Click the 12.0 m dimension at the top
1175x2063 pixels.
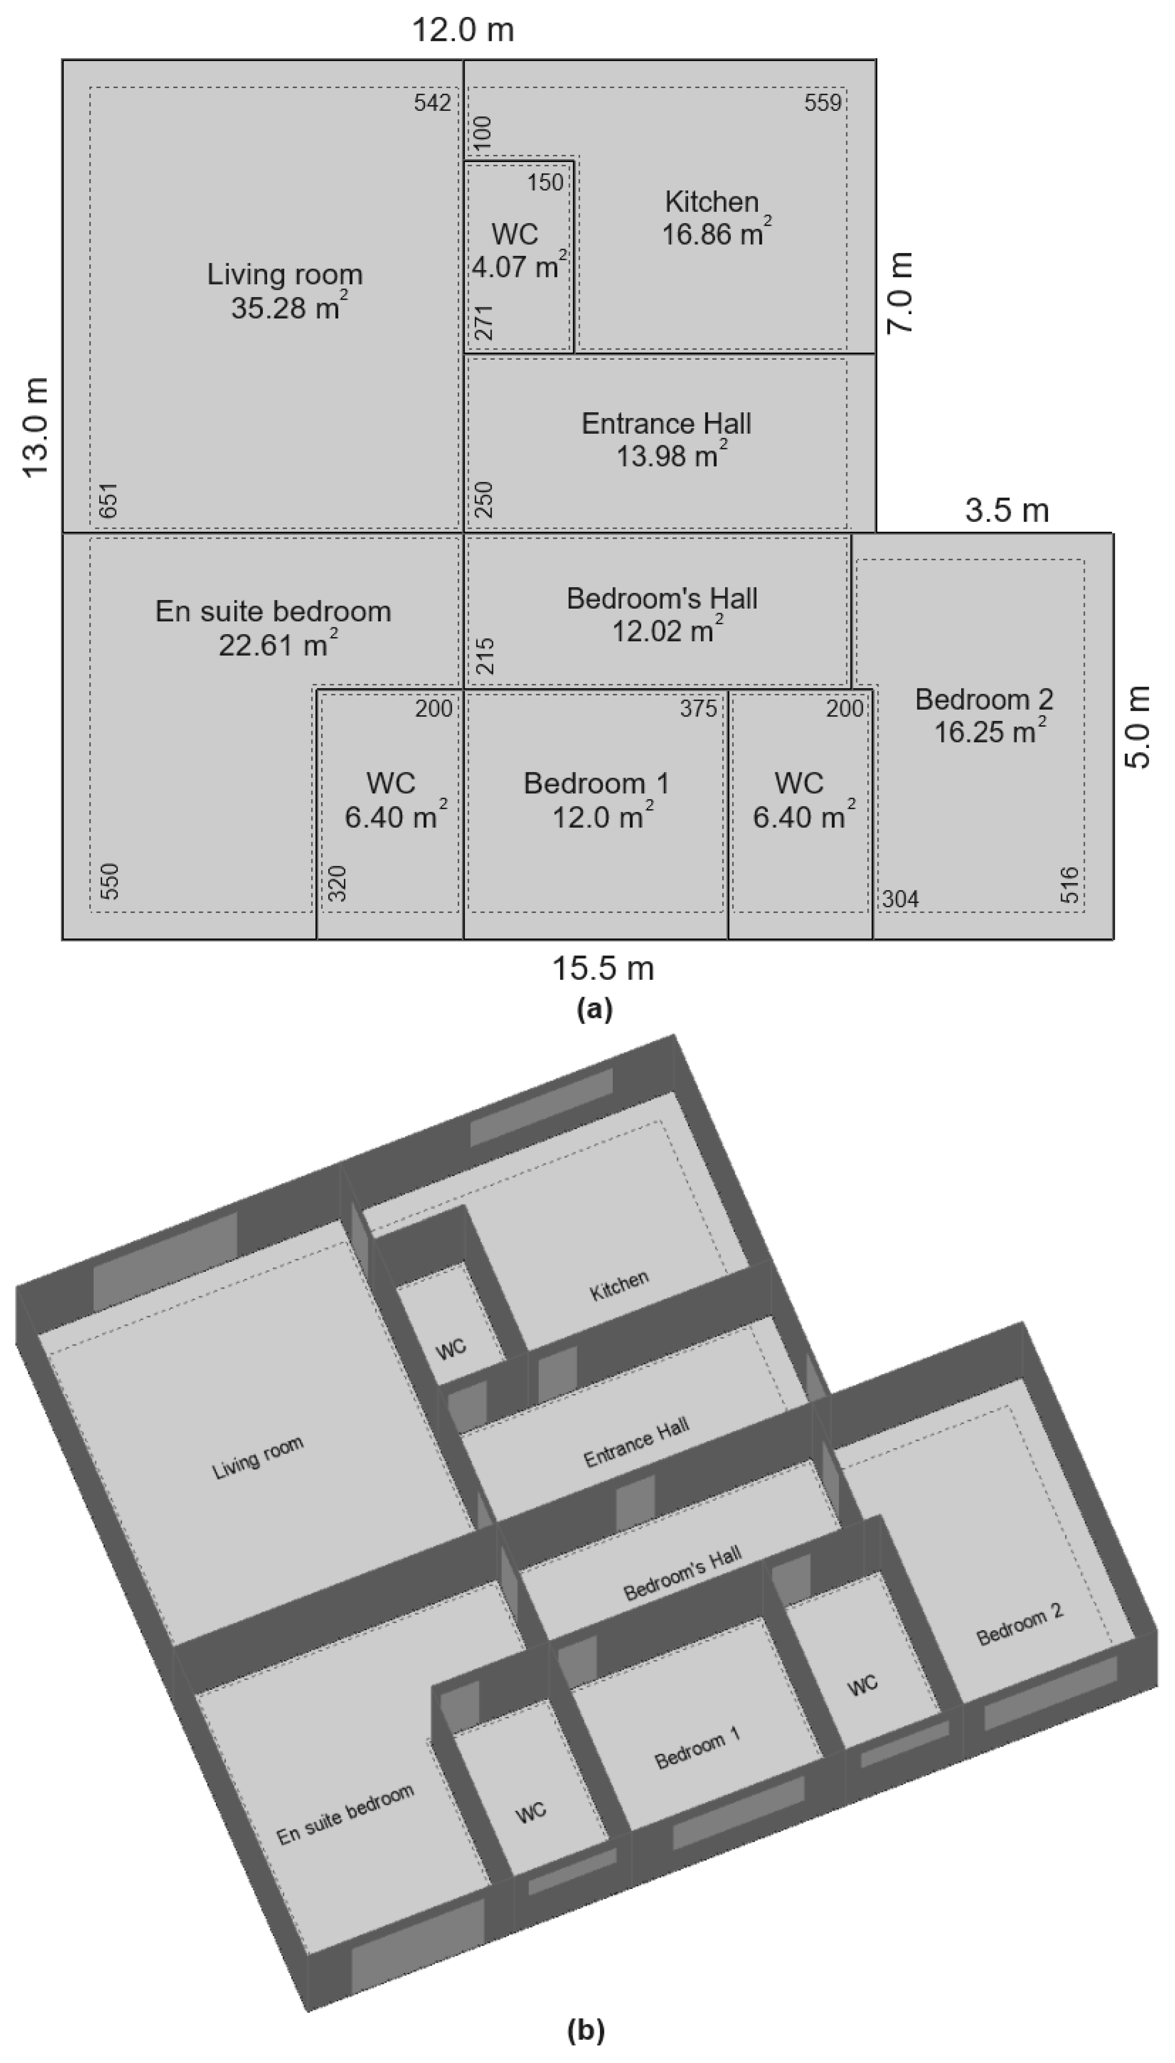coord(463,30)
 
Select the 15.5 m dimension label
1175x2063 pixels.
coord(602,967)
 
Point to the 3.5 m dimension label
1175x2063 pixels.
coord(1006,510)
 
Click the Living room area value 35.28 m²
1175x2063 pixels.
coord(289,308)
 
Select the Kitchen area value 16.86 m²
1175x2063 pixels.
coord(715,234)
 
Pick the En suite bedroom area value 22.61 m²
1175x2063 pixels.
coord(277,645)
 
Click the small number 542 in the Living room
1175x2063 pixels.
coord(432,103)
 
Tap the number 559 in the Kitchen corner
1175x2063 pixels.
coord(822,103)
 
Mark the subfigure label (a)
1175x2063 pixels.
coord(595,1009)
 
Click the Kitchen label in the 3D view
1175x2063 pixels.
coord(619,1286)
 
